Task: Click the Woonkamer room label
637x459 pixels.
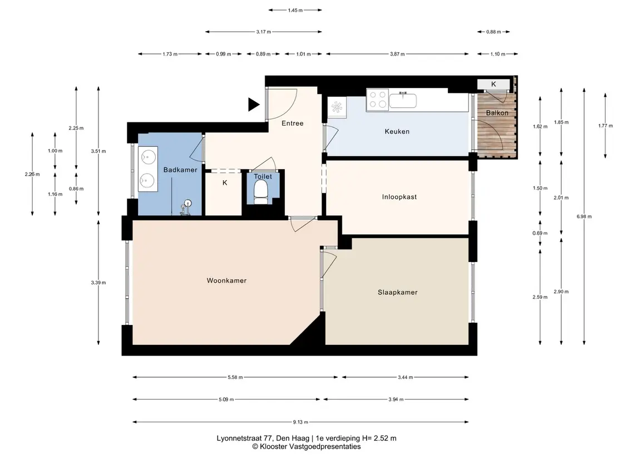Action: (226, 280)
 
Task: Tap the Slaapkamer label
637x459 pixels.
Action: (397, 292)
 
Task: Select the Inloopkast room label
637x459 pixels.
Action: (399, 197)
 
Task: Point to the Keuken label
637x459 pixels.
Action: (397, 131)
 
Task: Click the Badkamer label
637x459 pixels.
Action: (180, 170)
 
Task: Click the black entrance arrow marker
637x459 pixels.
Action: (254, 105)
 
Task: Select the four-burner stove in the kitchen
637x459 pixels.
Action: (377, 100)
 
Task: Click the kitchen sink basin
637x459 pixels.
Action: (403, 100)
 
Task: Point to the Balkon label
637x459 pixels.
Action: (497, 113)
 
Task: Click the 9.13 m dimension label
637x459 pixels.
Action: (300, 422)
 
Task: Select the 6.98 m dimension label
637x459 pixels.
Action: (584, 216)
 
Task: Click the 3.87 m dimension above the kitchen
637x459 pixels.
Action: (397, 54)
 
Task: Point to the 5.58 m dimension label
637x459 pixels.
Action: (235, 377)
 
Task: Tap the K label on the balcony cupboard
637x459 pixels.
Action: (493, 84)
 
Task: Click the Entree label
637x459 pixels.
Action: (293, 123)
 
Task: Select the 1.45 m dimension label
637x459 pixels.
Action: (295, 10)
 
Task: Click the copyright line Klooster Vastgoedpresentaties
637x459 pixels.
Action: (307, 446)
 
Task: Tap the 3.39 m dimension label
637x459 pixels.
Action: (98, 283)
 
